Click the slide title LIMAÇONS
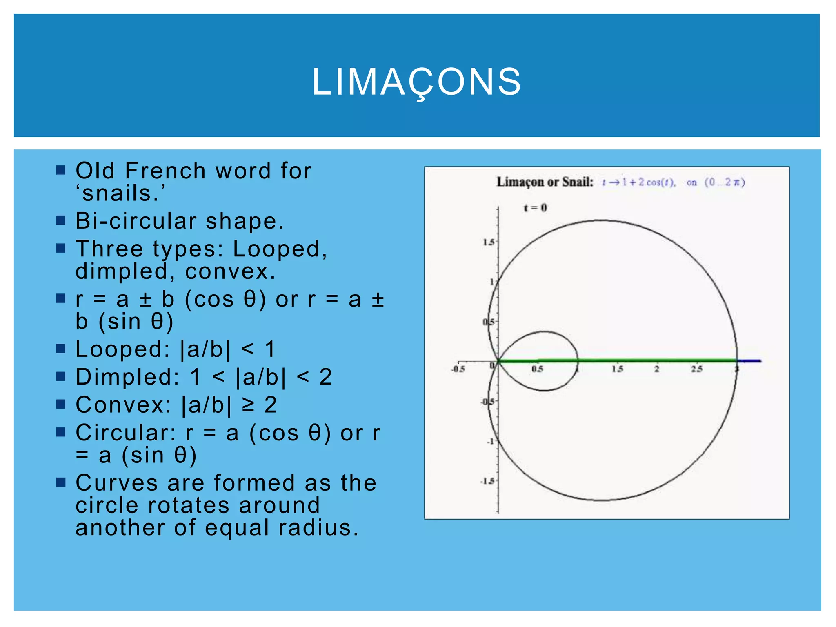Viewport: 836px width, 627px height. (x=417, y=82)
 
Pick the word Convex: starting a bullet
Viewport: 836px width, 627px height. (x=124, y=405)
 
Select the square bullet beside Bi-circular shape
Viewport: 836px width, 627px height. (x=61, y=221)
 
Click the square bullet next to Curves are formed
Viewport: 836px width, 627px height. (x=61, y=482)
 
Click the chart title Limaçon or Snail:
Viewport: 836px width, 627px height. (x=545, y=182)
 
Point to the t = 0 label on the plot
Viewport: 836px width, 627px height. (x=535, y=208)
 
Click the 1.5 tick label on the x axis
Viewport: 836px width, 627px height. (x=617, y=369)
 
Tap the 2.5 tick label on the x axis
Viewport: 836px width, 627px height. (x=696, y=369)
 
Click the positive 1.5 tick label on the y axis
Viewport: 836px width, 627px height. (x=488, y=242)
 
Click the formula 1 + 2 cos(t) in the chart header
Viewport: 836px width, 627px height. (x=649, y=182)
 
